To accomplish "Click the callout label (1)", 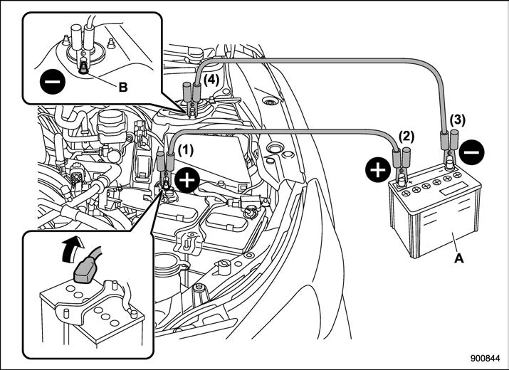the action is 186,151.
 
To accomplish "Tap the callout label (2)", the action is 406,137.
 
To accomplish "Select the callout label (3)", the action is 457,120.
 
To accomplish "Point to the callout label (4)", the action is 211,80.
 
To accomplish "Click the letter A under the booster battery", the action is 459,258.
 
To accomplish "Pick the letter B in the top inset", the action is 123,87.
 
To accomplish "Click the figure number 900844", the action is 486,359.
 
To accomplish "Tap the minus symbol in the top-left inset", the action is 53,81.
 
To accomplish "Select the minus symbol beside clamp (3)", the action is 472,152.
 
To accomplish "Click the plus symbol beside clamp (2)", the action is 378,170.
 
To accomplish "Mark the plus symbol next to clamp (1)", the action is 187,181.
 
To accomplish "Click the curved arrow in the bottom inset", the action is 72,248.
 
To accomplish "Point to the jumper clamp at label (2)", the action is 402,166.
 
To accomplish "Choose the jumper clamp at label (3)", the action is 448,148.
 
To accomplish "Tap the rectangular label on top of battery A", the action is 453,189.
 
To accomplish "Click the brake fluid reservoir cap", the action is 110,118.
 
